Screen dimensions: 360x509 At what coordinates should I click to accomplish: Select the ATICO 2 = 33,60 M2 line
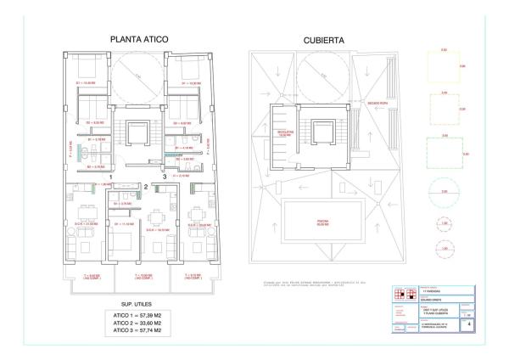click(x=137, y=323)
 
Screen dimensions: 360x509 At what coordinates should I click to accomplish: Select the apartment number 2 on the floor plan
click(x=146, y=186)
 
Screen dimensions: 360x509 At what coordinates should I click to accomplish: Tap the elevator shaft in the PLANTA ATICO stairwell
click(x=136, y=133)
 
